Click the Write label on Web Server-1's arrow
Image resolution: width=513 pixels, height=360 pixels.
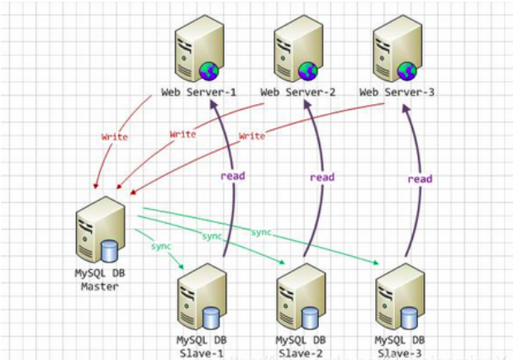(x=114, y=137)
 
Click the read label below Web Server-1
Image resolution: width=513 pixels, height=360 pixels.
(x=232, y=175)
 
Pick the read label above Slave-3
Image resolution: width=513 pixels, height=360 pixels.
(x=420, y=178)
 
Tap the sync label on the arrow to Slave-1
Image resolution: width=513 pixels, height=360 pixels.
(x=161, y=246)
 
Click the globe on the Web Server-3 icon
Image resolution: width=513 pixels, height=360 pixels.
(x=406, y=69)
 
